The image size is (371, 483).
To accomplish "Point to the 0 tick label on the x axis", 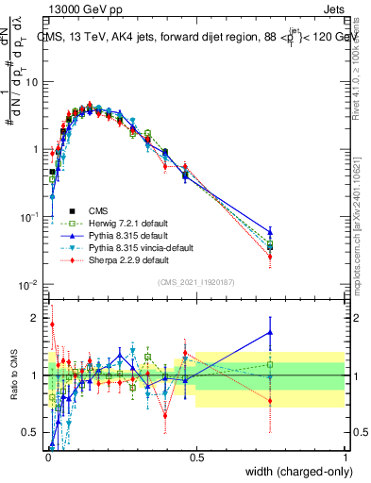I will (47, 457).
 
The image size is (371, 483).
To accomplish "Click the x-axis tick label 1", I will (345, 457).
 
